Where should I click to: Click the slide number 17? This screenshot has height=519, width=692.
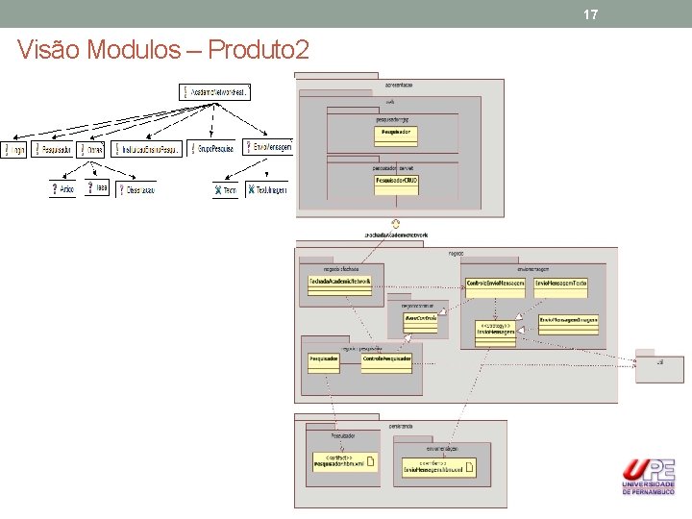(590, 14)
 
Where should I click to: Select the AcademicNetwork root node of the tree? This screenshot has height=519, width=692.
(215, 92)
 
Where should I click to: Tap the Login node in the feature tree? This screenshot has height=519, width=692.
(14, 150)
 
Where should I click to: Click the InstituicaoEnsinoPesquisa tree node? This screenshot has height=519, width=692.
(145, 150)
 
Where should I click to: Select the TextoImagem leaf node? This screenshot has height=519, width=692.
(266, 190)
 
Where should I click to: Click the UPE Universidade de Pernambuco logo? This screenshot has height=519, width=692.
(648, 477)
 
